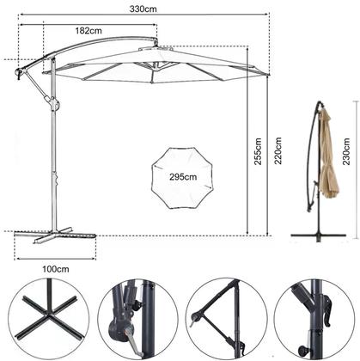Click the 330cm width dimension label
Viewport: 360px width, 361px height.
143,9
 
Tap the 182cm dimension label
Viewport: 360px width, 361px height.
88,30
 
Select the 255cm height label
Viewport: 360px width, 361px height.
258,151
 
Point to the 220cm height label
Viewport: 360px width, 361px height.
278,150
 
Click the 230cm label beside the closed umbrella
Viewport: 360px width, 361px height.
346,151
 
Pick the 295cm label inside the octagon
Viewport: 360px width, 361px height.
183,177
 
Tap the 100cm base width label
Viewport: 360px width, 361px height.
56,269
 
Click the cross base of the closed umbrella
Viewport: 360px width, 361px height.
318,236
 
